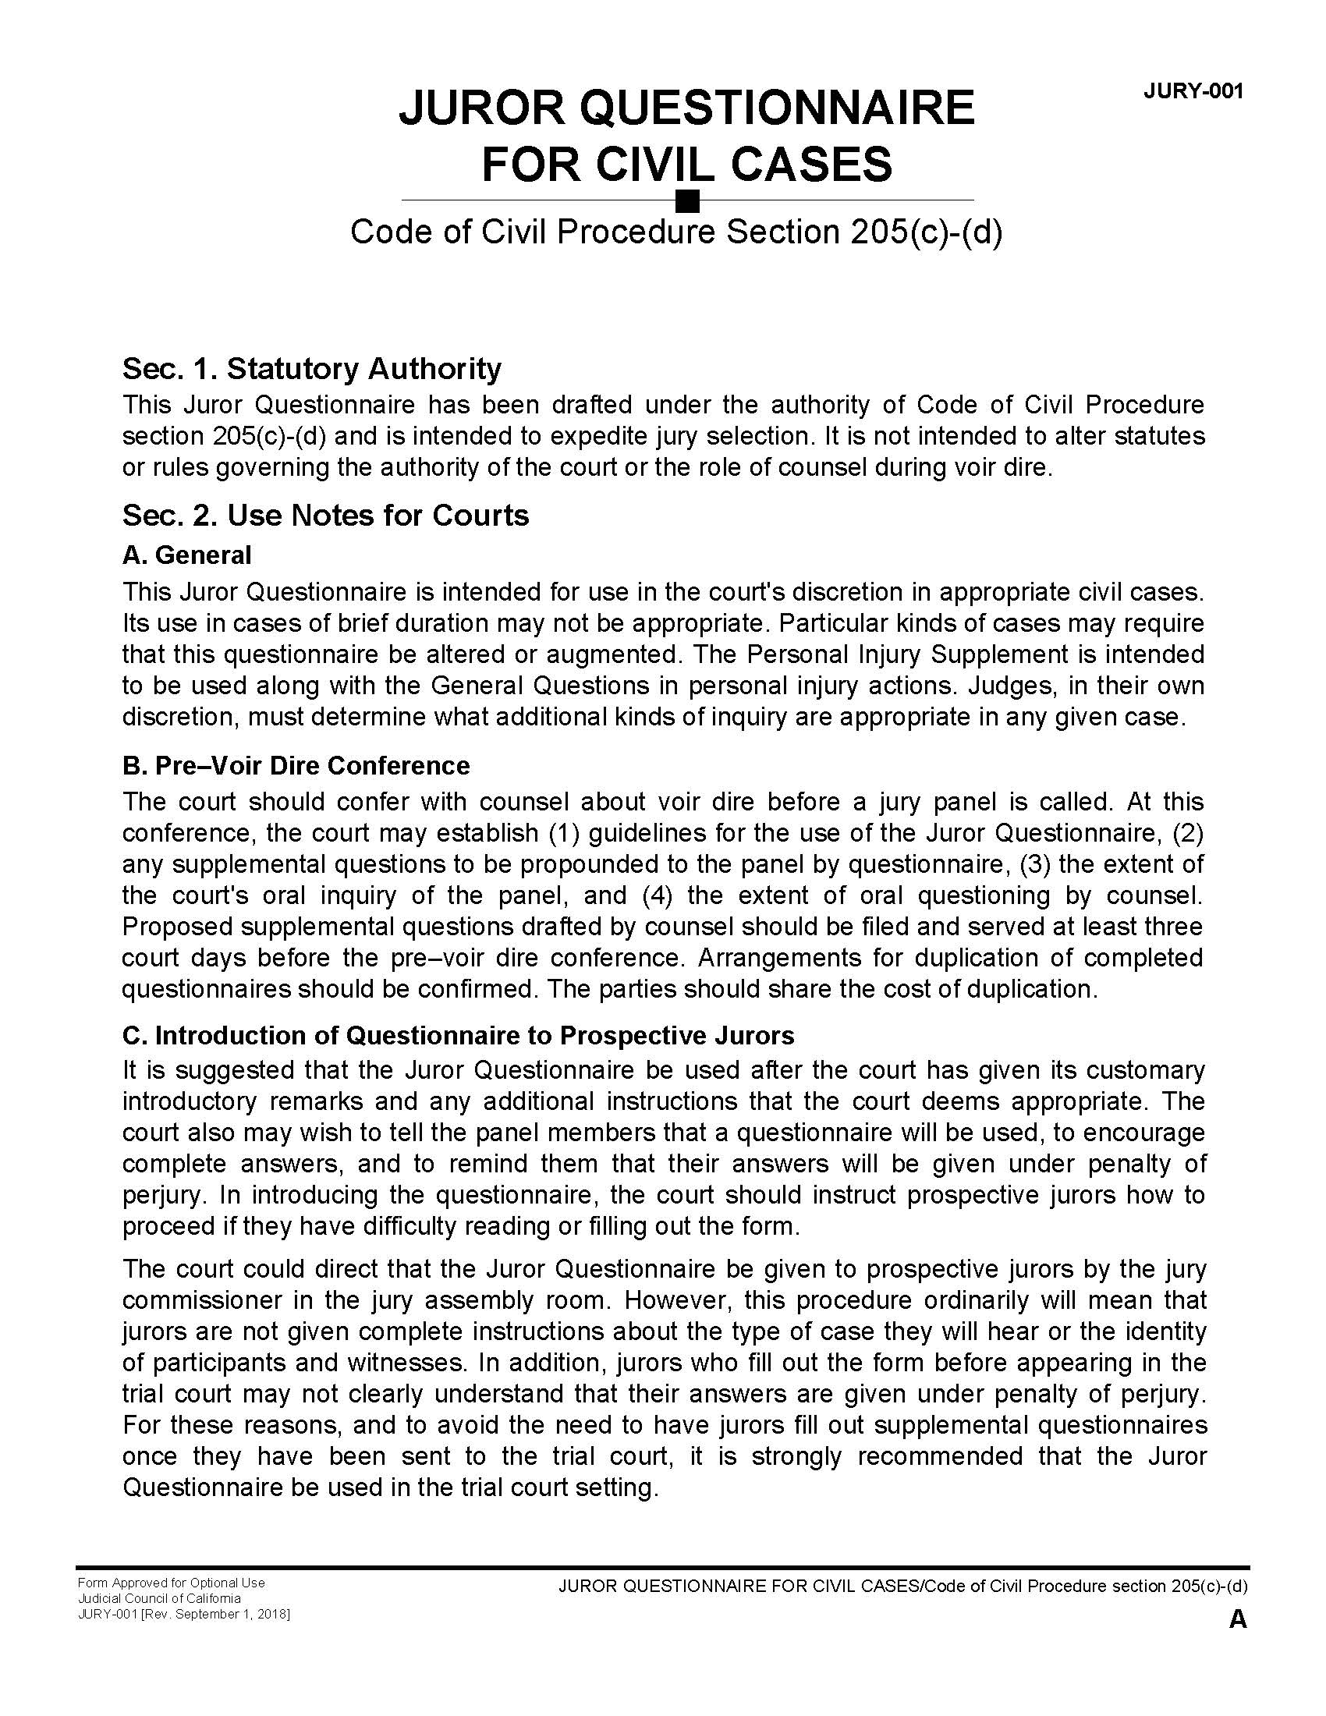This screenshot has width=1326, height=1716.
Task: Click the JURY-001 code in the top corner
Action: pyautogui.click(x=1193, y=91)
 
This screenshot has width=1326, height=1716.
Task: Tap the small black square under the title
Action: pyautogui.click(x=687, y=201)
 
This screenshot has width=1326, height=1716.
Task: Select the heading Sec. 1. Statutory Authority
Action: pyautogui.click(x=312, y=367)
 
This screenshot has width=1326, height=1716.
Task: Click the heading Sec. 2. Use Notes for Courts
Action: pyautogui.click(x=325, y=515)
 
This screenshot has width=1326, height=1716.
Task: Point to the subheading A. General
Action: pyautogui.click(x=187, y=555)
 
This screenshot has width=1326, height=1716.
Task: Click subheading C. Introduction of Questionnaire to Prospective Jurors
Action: pyautogui.click(x=458, y=1035)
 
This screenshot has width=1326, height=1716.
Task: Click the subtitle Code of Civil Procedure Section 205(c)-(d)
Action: pyautogui.click(x=676, y=232)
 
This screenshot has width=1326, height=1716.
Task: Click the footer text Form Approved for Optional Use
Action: pyautogui.click(x=171, y=1583)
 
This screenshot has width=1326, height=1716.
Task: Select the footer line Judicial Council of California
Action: pyautogui.click(x=158, y=1598)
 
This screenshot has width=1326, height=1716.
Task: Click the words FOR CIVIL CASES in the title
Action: pyautogui.click(x=686, y=164)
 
